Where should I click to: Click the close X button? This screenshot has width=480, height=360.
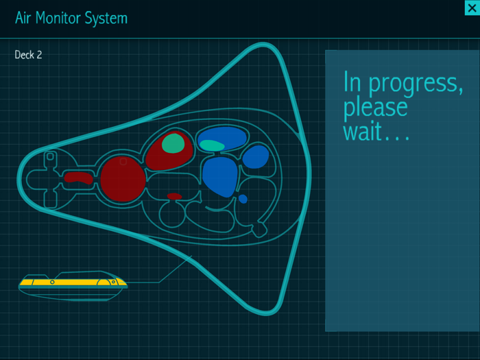[x=472, y=8]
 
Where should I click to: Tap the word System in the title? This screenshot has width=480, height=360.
[x=106, y=19]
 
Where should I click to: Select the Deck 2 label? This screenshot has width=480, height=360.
[x=28, y=55]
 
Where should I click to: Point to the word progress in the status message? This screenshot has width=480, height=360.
[x=416, y=84]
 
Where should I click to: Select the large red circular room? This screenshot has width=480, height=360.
[x=123, y=179]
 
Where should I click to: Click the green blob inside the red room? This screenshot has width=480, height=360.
[x=173, y=143]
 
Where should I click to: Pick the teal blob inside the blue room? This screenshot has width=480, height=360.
[x=212, y=145]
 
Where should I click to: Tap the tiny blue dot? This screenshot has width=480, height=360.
[x=243, y=199]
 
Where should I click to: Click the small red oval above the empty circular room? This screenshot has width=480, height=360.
[x=174, y=196]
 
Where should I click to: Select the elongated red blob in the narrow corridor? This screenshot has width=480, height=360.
[x=78, y=178]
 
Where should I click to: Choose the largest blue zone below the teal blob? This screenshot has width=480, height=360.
[x=220, y=177]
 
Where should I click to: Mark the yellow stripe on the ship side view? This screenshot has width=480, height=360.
[x=73, y=283]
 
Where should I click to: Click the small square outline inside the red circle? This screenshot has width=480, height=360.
[x=123, y=161]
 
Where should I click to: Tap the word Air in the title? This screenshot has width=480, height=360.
[x=23, y=18]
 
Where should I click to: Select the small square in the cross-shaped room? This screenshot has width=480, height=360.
[x=50, y=157]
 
